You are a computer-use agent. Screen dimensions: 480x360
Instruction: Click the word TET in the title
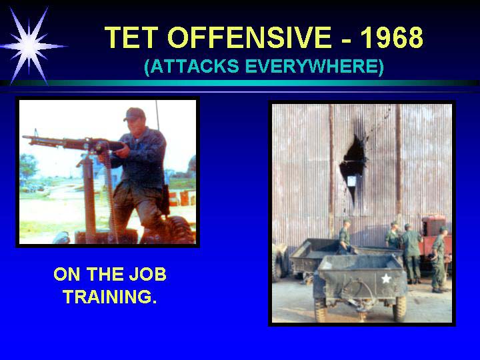131,37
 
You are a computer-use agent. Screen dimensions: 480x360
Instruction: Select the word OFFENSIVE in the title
249,37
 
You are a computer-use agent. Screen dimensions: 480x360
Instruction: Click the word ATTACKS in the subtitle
191,66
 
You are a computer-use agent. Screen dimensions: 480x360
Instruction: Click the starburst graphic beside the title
29,46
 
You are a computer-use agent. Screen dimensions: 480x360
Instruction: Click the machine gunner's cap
134,114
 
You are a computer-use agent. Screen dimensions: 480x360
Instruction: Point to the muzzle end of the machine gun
25,137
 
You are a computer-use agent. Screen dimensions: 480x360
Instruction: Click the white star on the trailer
386,278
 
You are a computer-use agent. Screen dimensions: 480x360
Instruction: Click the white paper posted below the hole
351,181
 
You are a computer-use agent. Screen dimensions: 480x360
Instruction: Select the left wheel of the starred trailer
320,309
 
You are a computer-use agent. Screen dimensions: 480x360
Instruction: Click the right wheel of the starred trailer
400,309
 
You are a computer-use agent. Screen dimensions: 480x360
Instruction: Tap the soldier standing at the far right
439,259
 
